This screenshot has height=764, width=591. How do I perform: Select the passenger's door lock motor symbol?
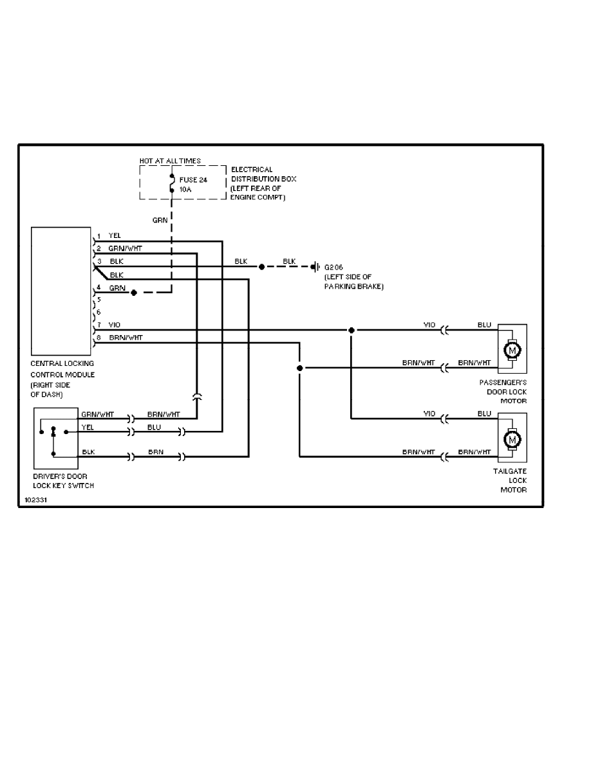[512, 350]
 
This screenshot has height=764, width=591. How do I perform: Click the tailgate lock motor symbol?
[512, 439]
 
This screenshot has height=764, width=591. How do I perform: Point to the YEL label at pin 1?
[115, 236]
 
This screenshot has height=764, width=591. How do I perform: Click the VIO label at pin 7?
[115, 325]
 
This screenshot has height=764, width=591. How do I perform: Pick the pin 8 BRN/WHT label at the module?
[126, 337]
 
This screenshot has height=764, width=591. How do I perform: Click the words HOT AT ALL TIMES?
[170, 160]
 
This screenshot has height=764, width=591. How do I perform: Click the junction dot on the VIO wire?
[351, 331]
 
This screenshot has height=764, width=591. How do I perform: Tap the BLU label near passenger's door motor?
[484, 325]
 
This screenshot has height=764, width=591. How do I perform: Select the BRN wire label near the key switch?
[156, 452]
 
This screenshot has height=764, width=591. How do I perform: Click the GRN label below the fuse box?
[160, 220]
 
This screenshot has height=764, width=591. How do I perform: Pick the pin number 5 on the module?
[98, 299]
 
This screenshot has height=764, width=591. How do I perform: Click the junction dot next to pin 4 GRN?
[133, 293]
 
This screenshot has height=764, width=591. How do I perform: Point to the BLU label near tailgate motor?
[484, 414]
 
